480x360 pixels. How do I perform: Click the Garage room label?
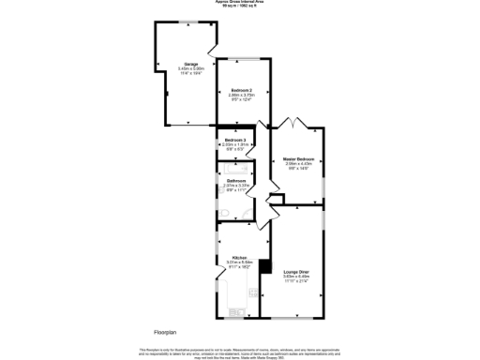pos(177,64)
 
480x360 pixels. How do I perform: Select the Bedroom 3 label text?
pos(235,139)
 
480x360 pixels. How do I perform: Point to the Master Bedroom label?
pos(299,159)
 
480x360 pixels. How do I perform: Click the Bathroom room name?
pos(235,180)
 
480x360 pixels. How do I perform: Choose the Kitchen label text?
pos(239,257)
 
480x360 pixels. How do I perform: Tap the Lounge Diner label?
pos(297,272)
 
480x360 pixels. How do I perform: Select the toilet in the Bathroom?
pos(240,214)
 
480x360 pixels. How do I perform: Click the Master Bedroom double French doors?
pos(298,123)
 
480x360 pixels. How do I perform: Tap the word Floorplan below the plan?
pos(165,332)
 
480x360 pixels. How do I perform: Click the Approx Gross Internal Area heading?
pos(239,4)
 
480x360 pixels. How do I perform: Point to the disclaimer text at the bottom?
pos(239,352)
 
